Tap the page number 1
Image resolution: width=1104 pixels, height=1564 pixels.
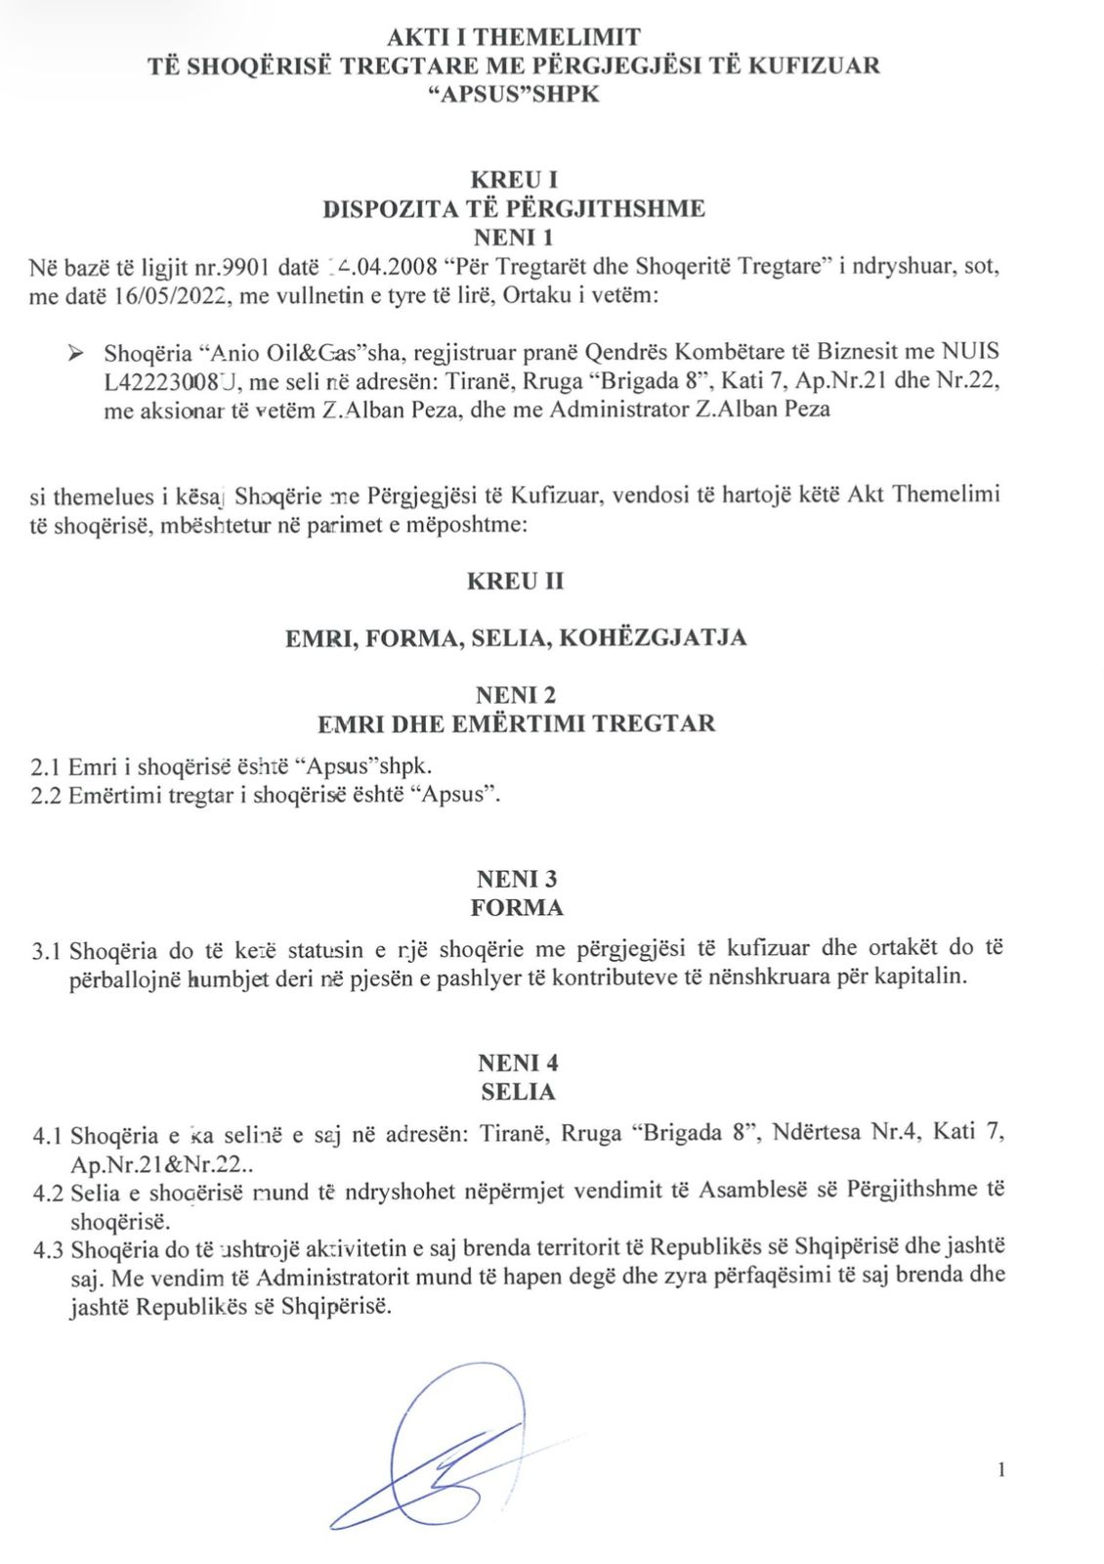point(1001,1469)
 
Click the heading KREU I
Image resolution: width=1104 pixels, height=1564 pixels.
point(514,180)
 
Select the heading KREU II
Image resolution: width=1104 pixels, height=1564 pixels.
point(515,581)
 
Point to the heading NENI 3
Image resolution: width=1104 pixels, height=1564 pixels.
point(517,879)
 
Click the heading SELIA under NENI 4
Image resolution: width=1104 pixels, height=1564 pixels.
point(518,1091)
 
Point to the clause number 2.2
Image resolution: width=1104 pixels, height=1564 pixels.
point(46,794)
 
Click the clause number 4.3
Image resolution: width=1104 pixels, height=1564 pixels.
point(48,1248)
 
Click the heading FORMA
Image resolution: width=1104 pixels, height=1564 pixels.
point(517,907)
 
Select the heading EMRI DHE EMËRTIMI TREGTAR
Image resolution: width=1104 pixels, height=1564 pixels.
point(516,723)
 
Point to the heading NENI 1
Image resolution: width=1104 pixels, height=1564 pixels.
point(514,237)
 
